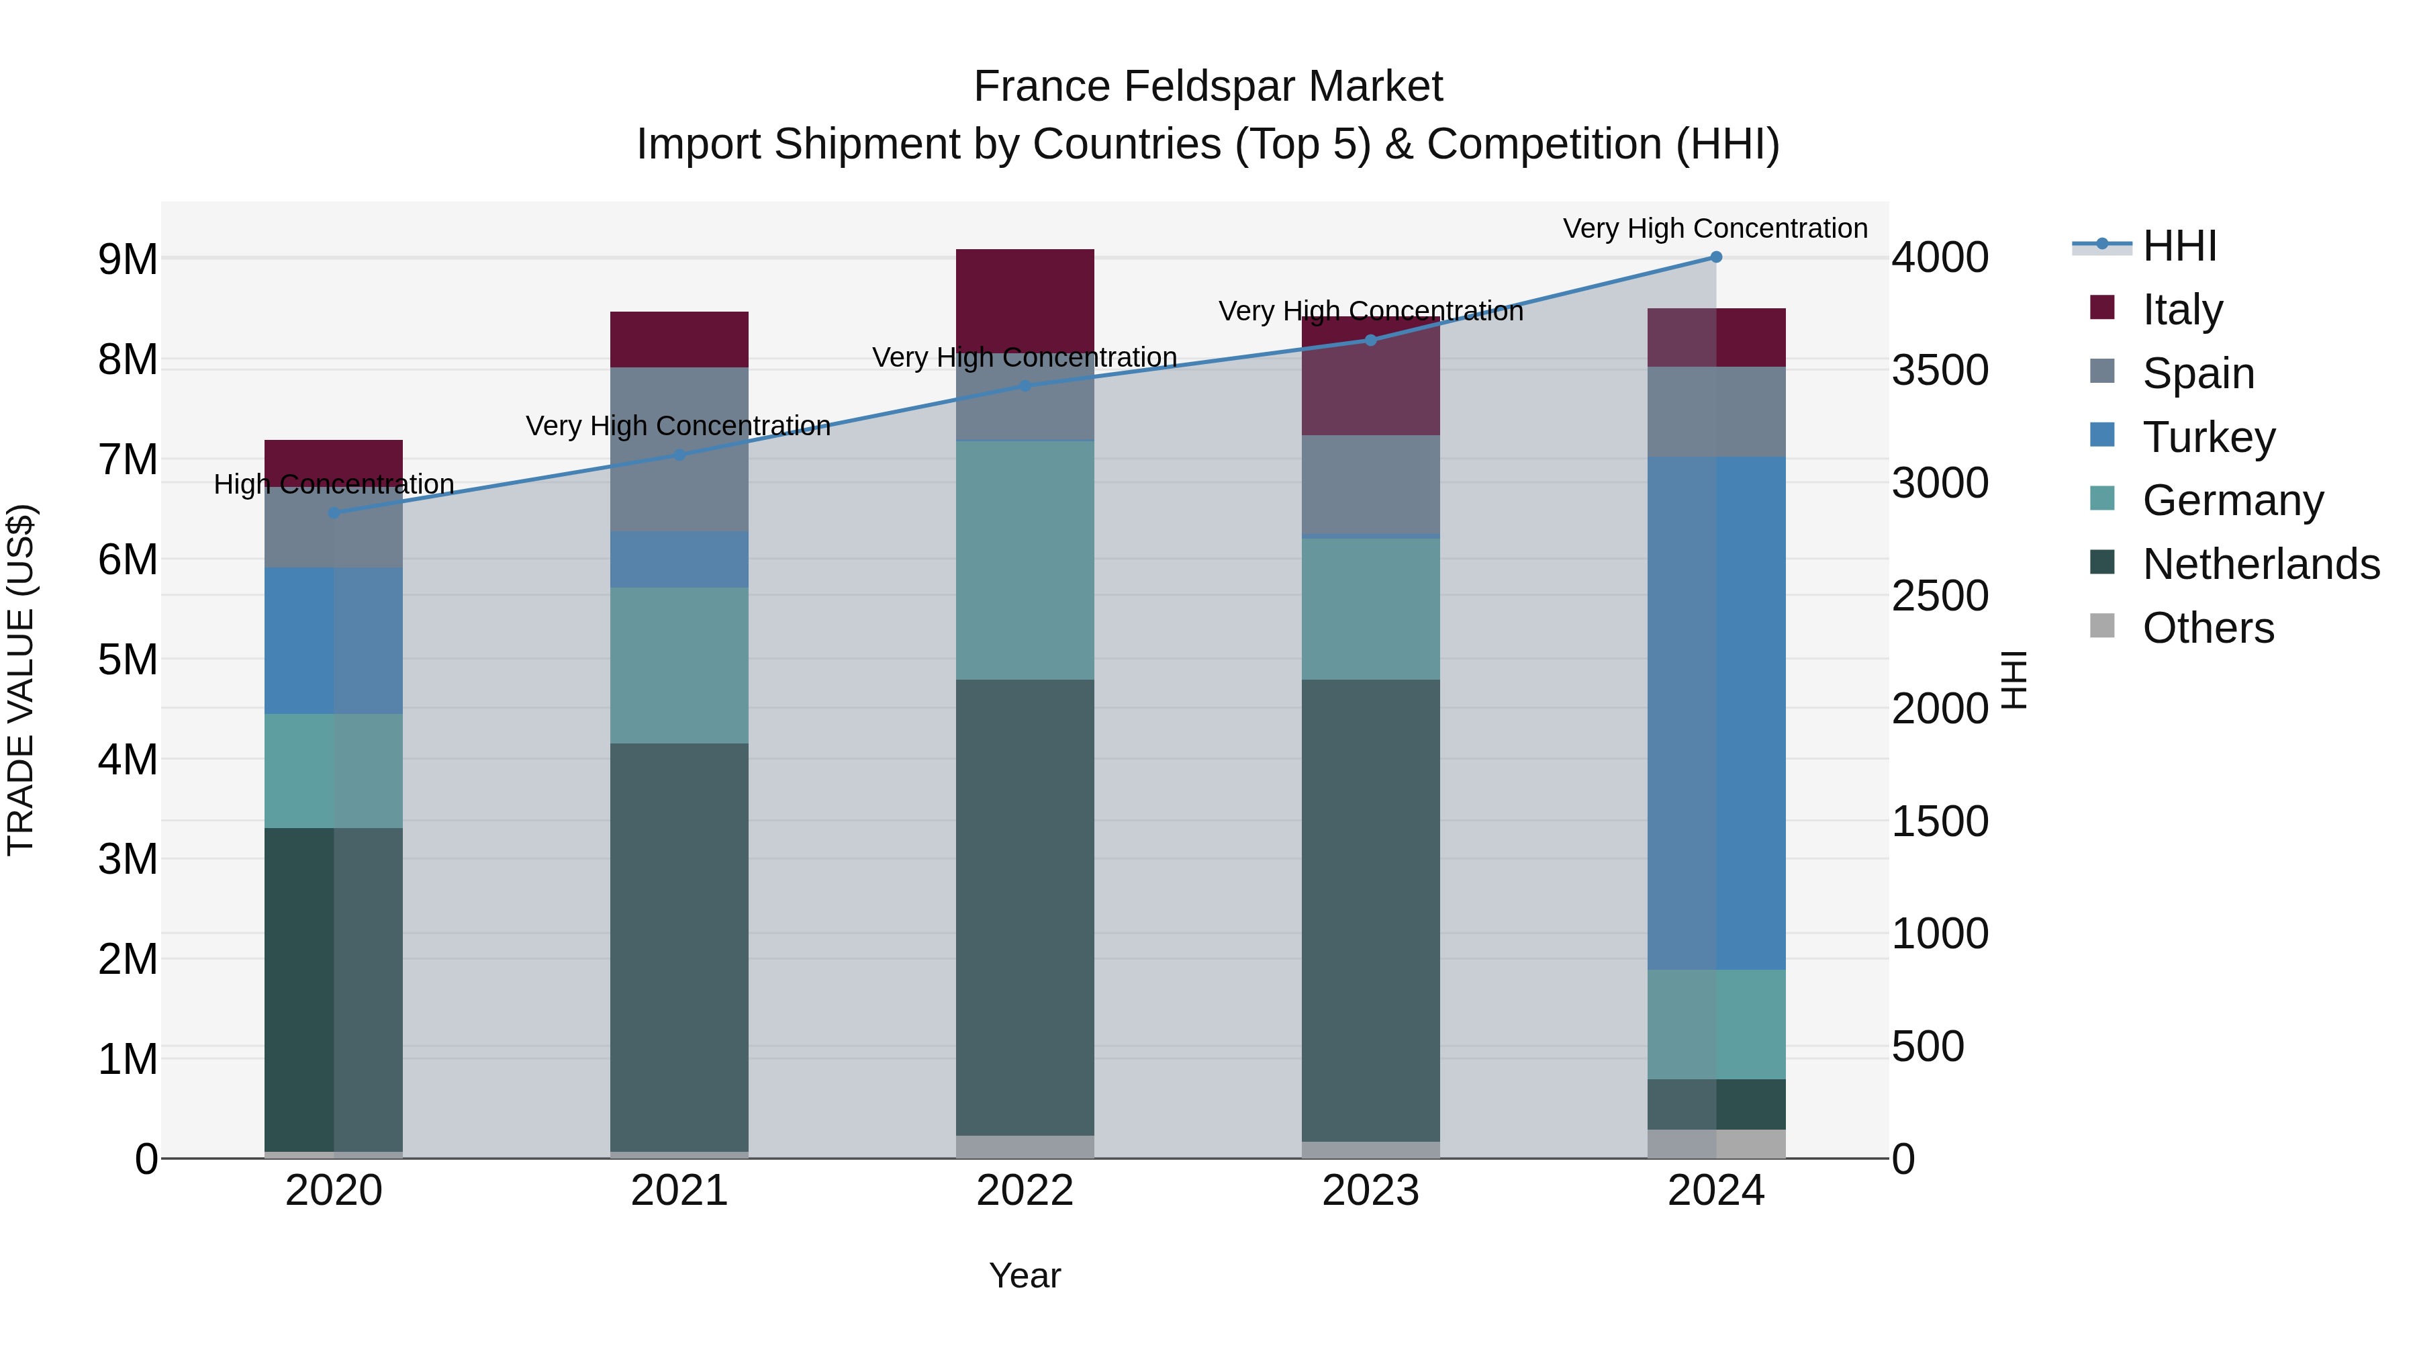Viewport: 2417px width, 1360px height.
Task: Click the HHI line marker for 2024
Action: pyautogui.click(x=1716, y=257)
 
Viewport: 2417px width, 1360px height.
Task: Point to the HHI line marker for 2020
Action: pyautogui.click(x=334, y=513)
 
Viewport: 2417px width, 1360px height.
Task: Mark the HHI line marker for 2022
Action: pyautogui.click(x=1025, y=386)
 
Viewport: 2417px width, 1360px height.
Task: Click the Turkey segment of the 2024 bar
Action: pyautogui.click(x=1716, y=713)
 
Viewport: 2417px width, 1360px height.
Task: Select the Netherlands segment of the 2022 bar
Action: pyautogui.click(x=1025, y=907)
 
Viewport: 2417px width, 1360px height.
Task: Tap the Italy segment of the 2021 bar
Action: pyautogui.click(x=679, y=339)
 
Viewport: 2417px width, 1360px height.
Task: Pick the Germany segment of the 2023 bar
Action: pyautogui.click(x=1371, y=608)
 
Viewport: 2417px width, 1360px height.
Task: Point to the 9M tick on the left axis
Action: pyautogui.click(x=128, y=259)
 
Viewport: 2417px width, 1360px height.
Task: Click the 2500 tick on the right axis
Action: pyautogui.click(x=1938, y=596)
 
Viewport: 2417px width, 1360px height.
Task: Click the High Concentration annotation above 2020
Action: pyautogui.click(x=334, y=484)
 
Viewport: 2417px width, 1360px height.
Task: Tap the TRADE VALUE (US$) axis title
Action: pyautogui.click(x=21, y=680)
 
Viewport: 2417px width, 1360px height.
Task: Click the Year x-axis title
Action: pyautogui.click(x=1025, y=1275)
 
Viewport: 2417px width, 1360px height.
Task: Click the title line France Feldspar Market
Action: pyautogui.click(x=1208, y=87)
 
